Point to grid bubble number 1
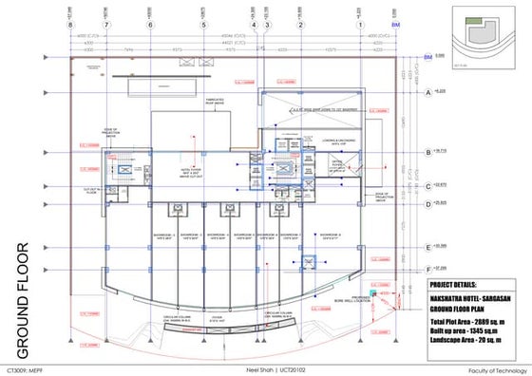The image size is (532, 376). click(360, 25)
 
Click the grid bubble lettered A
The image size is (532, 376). click(428, 92)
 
